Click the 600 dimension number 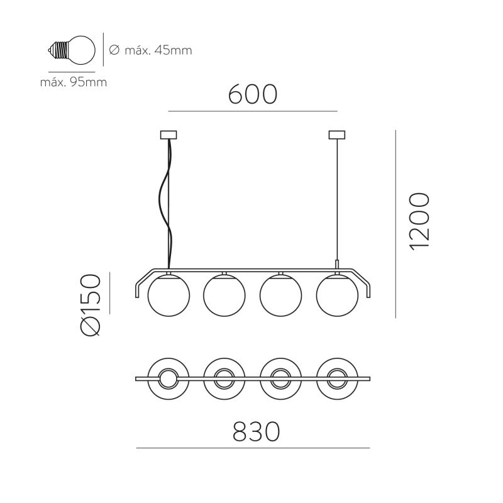click(253, 94)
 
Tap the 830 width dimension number click(256, 432)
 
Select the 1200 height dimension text click(419, 221)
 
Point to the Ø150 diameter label click(91, 305)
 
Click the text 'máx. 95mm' click(74, 82)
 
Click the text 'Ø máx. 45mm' click(150, 50)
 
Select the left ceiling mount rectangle click(169, 135)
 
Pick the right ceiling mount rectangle click(337, 135)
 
